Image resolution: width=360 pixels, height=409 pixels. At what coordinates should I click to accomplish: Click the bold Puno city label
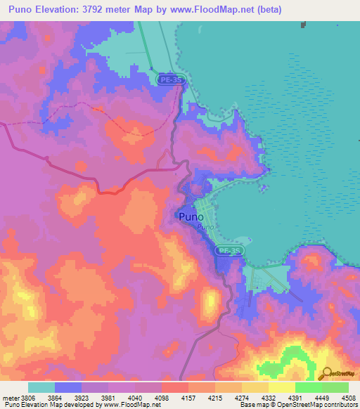tap(192, 216)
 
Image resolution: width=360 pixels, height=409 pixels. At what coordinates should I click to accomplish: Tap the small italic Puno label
tap(205, 227)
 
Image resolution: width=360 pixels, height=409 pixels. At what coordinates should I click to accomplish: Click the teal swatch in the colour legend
tap(41, 387)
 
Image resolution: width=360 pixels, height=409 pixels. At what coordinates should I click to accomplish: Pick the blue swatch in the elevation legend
tap(68, 387)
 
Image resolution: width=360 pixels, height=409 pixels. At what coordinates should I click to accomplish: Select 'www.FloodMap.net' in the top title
tap(222, 8)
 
